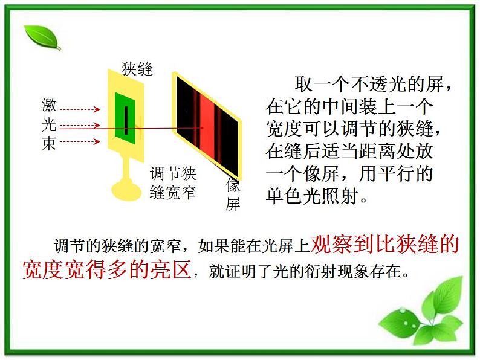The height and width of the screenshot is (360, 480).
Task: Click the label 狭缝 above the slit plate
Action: coord(137,69)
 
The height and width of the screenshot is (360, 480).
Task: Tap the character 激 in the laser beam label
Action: coord(49,105)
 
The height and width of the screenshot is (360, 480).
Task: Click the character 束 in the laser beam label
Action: coord(49,144)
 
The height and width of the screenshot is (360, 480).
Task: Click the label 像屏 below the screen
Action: coord(233,194)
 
